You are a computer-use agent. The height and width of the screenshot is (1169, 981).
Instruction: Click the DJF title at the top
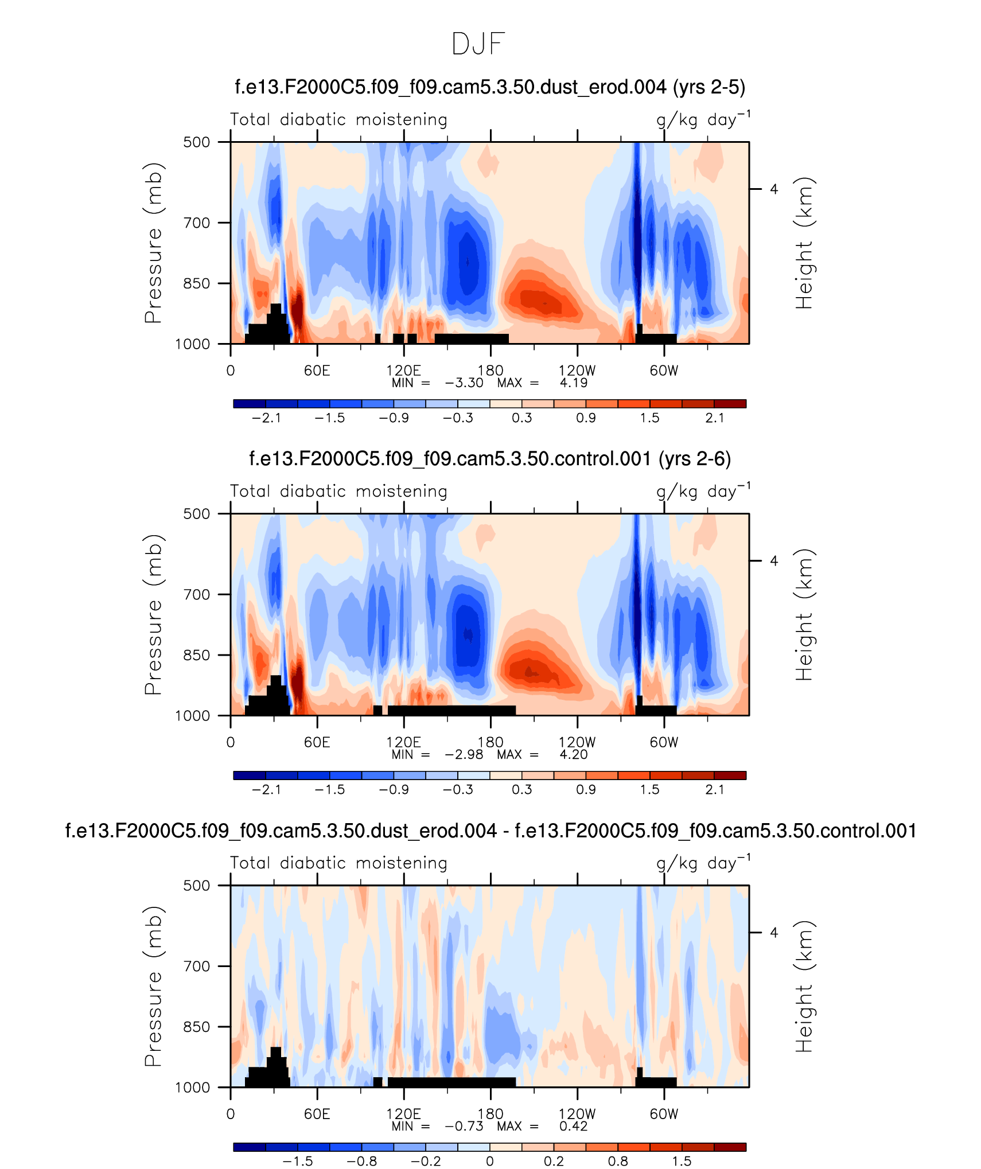[x=478, y=44]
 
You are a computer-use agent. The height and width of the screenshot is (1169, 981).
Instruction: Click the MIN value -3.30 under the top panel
[x=464, y=383]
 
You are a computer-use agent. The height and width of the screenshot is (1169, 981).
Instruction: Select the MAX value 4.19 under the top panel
[x=573, y=383]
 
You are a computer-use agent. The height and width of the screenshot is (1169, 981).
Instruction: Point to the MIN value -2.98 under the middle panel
[x=464, y=754]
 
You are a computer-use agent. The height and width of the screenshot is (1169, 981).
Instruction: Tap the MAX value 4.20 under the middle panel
[x=573, y=754]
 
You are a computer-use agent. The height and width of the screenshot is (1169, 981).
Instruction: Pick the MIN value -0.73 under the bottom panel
[x=464, y=1126]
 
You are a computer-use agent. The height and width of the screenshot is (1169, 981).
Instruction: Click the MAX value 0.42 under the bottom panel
[x=573, y=1126]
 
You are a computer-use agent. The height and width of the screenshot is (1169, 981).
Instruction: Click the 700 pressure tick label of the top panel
[x=197, y=223]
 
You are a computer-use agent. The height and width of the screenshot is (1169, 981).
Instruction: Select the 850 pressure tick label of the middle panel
[x=197, y=655]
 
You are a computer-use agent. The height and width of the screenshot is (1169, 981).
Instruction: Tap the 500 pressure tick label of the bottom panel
[x=197, y=885]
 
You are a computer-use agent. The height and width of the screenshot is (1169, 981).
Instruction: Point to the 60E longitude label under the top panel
[x=317, y=371]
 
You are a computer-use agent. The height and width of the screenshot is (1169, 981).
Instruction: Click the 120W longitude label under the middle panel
[x=577, y=742]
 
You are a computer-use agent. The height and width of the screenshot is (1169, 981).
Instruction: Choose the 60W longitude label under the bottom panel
[x=664, y=1114]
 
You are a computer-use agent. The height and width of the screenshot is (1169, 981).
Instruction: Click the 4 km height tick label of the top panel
[x=774, y=189]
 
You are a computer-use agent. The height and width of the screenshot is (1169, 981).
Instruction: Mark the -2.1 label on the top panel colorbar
[x=266, y=418]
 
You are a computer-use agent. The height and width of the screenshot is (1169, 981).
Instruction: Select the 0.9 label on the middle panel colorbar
[x=586, y=790]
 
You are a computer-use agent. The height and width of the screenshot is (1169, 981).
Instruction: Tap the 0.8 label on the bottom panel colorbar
[x=618, y=1162]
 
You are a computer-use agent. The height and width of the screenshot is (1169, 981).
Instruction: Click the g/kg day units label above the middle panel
[x=703, y=492]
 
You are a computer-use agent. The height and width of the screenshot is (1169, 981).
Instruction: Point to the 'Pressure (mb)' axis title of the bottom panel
[x=153, y=986]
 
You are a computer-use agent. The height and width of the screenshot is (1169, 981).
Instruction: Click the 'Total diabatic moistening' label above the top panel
[x=338, y=119]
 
